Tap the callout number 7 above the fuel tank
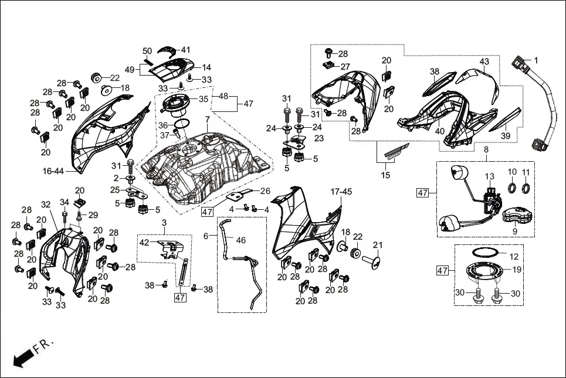[x=207, y=120]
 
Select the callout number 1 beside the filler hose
[x=535, y=60]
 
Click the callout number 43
[x=484, y=61]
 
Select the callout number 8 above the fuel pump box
[x=486, y=150]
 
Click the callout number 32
[x=46, y=205]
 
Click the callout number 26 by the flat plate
[x=265, y=190]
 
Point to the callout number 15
[x=385, y=175]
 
